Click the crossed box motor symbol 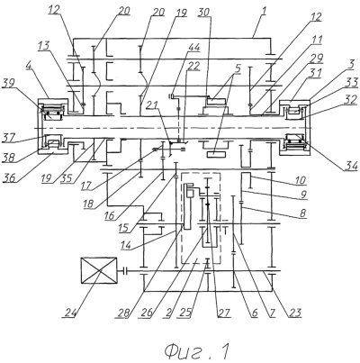(99, 270)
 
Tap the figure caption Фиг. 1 (197, 350)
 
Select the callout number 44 (194, 48)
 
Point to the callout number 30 (204, 13)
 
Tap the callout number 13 (45, 47)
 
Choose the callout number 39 (8, 83)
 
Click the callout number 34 (350, 165)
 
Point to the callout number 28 (124, 313)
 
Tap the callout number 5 (238, 68)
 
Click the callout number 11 (316, 40)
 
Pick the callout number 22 (193, 66)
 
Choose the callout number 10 (300, 180)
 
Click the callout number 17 (87, 185)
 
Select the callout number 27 (223, 313)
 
